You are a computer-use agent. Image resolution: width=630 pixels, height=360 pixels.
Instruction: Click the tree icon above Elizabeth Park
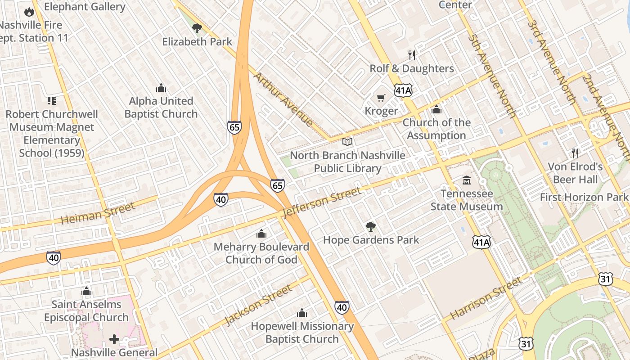[197, 28]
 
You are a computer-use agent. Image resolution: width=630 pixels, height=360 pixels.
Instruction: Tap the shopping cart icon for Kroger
[381, 98]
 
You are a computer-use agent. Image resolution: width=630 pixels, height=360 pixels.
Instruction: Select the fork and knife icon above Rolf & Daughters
[412, 55]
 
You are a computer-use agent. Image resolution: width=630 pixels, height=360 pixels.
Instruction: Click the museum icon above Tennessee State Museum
[467, 180]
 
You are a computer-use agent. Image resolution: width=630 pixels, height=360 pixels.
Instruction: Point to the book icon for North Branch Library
[347, 142]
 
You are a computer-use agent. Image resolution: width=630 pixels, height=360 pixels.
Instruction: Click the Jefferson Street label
[323, 202]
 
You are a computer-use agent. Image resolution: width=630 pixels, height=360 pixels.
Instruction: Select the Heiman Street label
[98, 213]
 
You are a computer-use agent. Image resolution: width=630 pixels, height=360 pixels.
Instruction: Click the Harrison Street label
[486, 298]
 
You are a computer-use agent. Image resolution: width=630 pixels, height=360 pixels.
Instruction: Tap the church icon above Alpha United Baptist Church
[161, 88]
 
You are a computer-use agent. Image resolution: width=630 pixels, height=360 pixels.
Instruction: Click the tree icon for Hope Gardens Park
[371, 227]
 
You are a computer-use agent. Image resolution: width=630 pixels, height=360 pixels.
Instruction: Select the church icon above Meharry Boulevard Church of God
[261, 234]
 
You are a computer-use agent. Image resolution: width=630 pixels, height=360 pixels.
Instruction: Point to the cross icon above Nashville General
[114, 339]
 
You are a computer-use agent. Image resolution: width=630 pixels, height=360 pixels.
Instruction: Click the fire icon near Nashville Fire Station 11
[29, 12]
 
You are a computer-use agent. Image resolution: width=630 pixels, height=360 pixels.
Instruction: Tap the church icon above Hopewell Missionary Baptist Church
[302, 313]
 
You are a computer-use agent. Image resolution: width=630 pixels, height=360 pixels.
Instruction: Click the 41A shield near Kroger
[403, 90]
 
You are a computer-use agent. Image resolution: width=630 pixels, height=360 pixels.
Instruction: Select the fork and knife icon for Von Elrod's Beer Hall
[575, 153]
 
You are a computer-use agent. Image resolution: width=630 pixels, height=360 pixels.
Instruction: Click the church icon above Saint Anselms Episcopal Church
[86, 291]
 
